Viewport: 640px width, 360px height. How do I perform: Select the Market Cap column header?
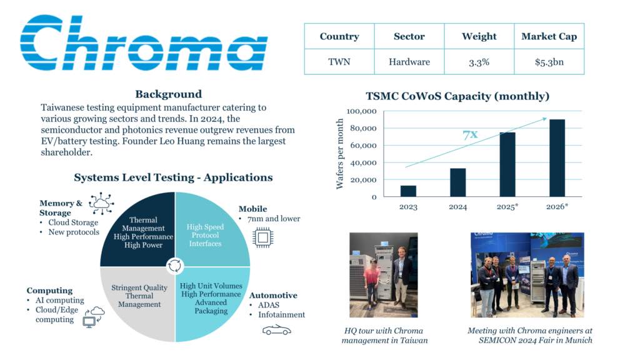(549, 36)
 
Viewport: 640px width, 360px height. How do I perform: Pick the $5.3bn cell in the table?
(549, 62)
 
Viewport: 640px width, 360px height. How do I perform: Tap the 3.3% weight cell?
(479, 62)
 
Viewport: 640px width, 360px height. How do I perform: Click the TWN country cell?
(339, 62)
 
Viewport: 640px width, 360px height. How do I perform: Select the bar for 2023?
(407, 191)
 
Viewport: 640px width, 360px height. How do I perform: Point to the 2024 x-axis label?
(457, 207)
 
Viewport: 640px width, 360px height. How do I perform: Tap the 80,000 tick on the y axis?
(362, 129)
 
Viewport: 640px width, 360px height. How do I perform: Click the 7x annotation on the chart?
(471, 135)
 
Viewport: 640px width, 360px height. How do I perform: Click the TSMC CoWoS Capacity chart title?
(457, 96)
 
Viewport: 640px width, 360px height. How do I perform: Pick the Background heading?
(168, 94)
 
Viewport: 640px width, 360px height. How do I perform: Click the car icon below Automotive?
(276, 329)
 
